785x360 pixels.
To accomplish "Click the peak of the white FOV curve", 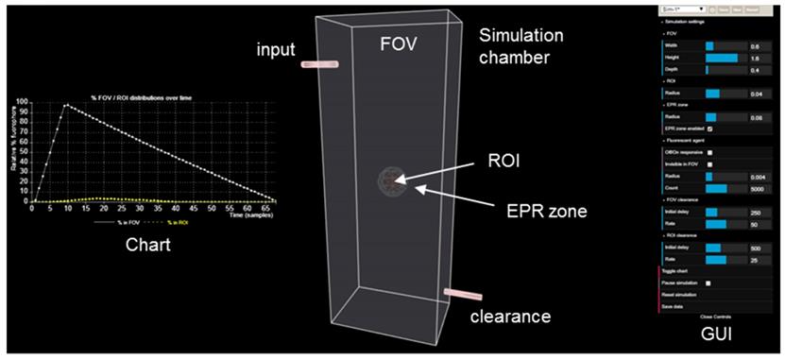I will tap(66, 105).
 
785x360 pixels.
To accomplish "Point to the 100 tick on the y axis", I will tap(23, 102).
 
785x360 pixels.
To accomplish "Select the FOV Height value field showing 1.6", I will tap(754, 58).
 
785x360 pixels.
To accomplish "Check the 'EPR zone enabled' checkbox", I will tap(710, 128).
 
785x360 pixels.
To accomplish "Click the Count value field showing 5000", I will tap(755, 187).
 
